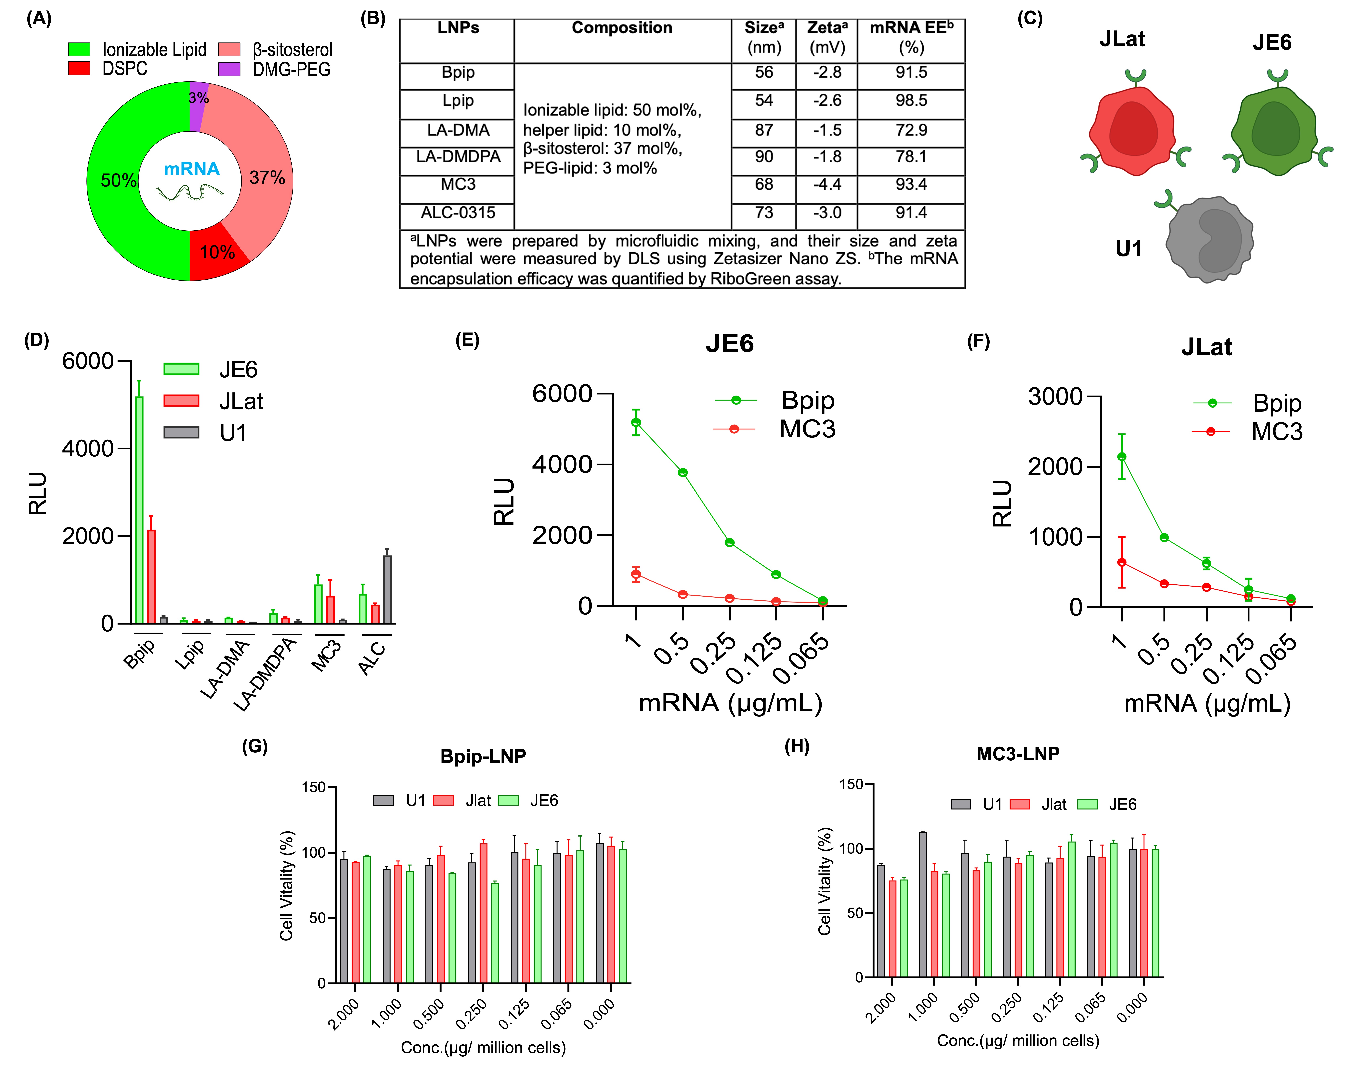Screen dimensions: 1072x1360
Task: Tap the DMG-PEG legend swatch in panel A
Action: (x=229, y=69)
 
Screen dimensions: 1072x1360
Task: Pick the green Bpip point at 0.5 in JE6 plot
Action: (x=683, y=473)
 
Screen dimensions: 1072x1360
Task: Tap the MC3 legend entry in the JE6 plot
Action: (x=806, y=429)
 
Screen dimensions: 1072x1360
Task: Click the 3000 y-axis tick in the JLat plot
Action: (x=1054, y=397)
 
